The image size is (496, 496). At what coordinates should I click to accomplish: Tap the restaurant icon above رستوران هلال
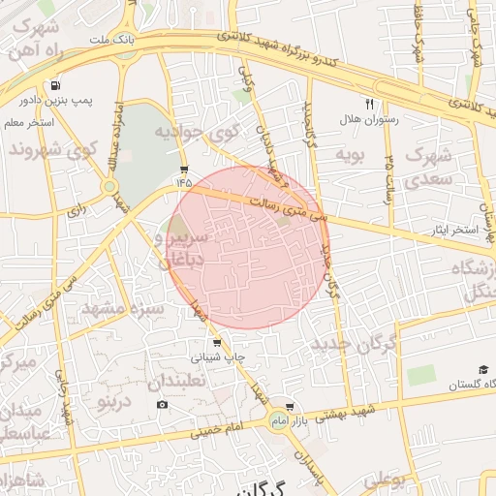368,103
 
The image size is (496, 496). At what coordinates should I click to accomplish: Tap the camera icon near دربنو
161,404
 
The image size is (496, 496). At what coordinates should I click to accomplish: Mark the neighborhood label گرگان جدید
356,343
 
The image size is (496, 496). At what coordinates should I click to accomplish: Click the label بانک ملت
109,41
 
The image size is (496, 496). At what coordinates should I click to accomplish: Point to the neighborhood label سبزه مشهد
123,309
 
